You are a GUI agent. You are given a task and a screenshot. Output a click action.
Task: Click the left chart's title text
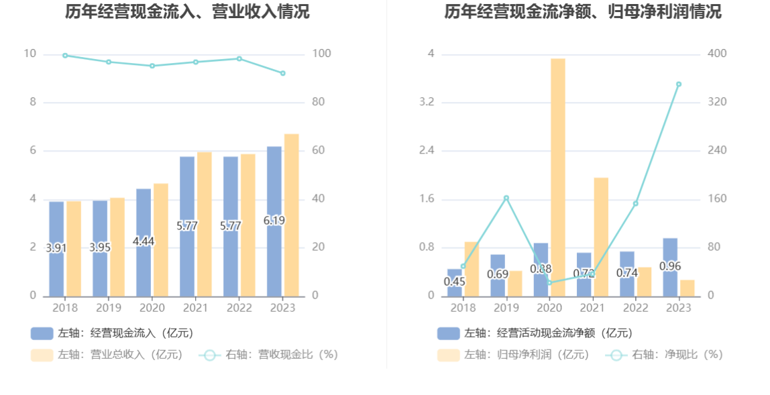[x=187, y=12]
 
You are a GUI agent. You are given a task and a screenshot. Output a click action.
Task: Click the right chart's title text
[x=583, y=12]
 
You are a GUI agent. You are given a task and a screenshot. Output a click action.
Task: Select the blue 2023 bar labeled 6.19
[x=274, y=221]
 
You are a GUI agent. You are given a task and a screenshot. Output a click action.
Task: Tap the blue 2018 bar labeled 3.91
[x=56, y=249]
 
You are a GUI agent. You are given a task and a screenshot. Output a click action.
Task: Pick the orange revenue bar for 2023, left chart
[x=291, y=215]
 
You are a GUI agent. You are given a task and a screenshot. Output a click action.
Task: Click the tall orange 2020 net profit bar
[x=557, y=177]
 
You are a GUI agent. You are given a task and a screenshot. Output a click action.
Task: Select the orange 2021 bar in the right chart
[x=601, y=237]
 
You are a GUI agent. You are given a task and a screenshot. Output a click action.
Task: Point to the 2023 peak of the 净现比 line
[x=679, y=84]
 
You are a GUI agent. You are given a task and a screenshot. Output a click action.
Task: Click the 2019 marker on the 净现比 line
[x=506, y=198]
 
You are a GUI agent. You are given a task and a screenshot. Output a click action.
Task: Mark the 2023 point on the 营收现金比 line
[x=283, y=73]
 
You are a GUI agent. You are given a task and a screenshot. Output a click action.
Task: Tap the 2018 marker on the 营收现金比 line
[x=65, y=56]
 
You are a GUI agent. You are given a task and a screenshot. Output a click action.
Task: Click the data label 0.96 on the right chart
[x=670, y=266]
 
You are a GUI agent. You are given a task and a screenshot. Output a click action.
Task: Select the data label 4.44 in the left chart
[x=144, y=241]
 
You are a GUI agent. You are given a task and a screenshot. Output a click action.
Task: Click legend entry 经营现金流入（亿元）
[x=112, y=333]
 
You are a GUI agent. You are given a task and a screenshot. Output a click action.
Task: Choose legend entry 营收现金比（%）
[x=268, y=355]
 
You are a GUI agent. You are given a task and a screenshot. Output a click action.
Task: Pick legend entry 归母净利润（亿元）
[x=513, y=355]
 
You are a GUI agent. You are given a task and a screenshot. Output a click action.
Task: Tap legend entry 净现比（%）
[x=664, y=355]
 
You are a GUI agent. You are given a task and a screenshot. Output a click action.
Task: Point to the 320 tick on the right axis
[x=716, y=102]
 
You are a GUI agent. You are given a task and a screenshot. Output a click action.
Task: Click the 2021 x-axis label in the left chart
[x=195, y=308]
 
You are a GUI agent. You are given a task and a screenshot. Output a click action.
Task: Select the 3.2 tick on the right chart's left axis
[x=427, y=102]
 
